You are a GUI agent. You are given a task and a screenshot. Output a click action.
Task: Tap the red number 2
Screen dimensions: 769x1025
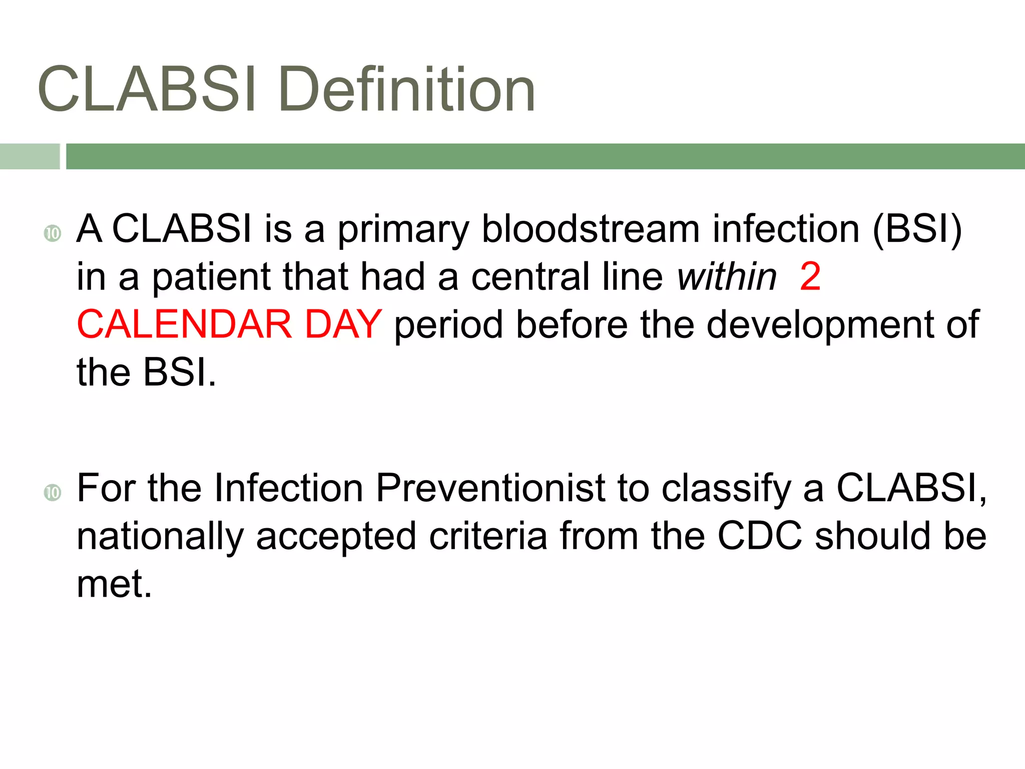pos(810,276)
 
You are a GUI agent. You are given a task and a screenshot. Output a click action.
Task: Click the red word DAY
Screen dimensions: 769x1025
pos(343,324)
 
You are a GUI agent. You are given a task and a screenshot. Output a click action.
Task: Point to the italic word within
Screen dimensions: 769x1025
pos(726,276)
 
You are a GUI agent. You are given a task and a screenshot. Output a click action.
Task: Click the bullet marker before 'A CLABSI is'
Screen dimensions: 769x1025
pos(52,233)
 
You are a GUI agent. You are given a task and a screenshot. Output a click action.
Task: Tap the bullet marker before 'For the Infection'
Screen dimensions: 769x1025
pos(52,493)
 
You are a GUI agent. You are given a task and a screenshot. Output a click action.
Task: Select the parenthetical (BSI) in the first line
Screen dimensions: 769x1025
pos(917,229)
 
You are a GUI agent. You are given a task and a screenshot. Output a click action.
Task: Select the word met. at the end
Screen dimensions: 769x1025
pos(114,584)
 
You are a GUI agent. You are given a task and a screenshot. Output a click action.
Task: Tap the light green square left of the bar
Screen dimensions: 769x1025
pos(29,156)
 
